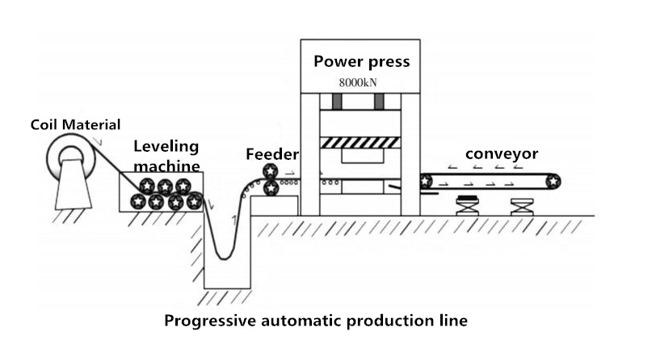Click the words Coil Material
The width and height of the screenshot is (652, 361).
click(75, 124)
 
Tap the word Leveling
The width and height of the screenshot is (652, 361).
click(166, 147)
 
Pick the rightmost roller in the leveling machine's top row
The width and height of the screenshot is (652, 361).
click(183, 187)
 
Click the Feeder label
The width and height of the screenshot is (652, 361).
click(272, 154)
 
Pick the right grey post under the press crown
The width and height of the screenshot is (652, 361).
click(378, 103)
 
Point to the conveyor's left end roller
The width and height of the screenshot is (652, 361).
click(426, 181)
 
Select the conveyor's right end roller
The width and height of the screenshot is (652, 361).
click(553, 181)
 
